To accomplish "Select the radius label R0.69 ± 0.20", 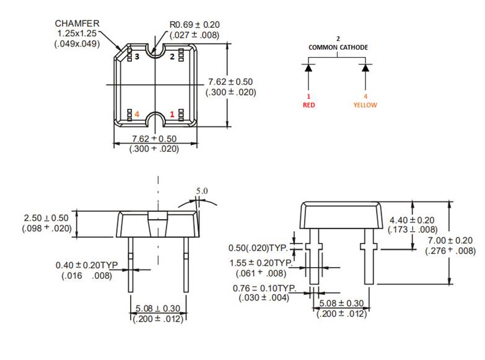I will (194, 25).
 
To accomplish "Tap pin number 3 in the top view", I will (138, 56).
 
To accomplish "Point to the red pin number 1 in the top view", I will (172, 115).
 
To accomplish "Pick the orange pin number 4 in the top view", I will (138, 115).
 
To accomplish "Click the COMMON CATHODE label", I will (338, 47).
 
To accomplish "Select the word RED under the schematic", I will (308, 105).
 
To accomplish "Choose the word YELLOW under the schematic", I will (365, 105).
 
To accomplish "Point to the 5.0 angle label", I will (202, 191).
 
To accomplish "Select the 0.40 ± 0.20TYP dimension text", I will (87, 265).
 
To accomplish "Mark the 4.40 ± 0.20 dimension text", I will (412, 220).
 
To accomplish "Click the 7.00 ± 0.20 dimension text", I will (450, 240).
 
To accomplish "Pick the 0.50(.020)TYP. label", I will (260, 248).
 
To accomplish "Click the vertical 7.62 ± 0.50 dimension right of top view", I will (230, 82).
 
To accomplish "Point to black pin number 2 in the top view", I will (172, 56).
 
